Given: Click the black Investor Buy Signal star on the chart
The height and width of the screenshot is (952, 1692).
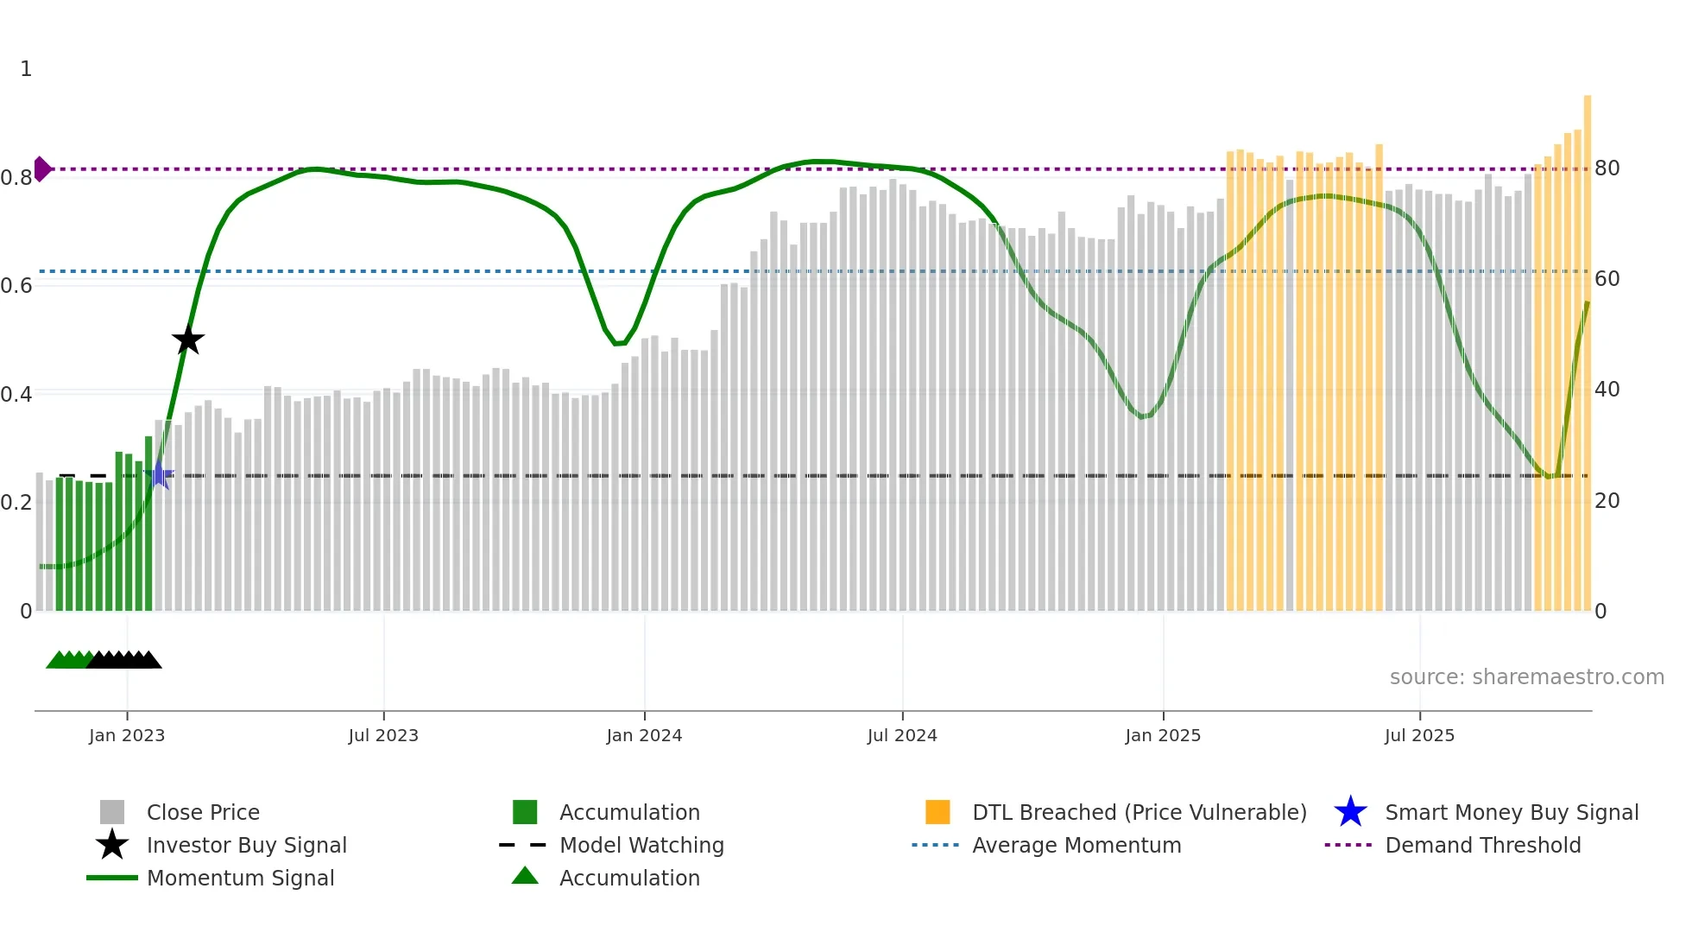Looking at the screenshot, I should [188, 340].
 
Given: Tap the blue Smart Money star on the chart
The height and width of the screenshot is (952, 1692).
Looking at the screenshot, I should [159, 475].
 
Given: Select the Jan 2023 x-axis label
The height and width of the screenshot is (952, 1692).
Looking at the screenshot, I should [127, 736].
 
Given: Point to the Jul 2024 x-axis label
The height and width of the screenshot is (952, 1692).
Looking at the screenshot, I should [902, 736].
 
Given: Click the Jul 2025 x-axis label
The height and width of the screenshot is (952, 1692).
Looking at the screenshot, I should [1419, 736].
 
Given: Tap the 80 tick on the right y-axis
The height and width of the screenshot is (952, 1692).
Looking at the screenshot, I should [1607, 168].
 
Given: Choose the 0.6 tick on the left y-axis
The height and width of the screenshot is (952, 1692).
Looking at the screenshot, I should [16, 286].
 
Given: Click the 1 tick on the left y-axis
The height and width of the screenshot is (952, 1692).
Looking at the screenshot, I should [26, 69].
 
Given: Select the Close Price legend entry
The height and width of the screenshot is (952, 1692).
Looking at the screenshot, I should [203, 813].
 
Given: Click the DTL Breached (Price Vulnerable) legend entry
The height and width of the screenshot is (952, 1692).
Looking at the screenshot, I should [1139, 813].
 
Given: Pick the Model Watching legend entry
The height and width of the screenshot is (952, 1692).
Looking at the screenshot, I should [641, 846].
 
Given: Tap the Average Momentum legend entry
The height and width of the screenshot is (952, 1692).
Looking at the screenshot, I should [1076, 846].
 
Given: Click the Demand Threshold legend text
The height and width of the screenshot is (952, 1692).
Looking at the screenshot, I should [1482, 846].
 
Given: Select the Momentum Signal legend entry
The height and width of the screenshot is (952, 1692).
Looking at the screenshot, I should [240, 879].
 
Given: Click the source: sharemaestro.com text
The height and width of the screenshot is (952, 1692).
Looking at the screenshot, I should [1526, 677].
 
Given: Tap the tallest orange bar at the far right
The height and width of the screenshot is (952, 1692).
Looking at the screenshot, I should [1588, 346].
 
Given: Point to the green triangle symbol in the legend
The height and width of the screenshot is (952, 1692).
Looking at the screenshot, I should [525, 877].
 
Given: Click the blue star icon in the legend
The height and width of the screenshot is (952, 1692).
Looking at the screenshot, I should [1350, 812].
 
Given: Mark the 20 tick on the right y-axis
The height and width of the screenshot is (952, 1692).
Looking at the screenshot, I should [1607, 501].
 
